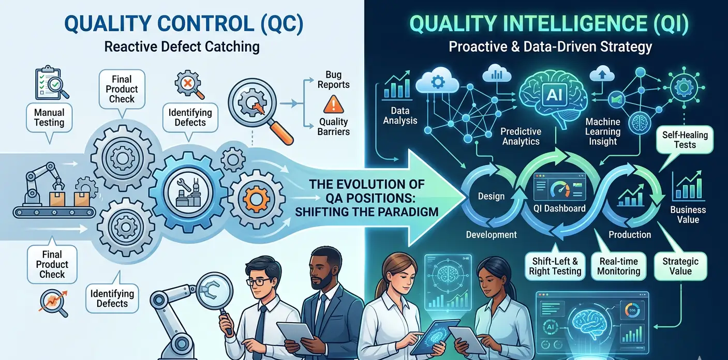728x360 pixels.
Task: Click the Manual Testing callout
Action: click(49, 118)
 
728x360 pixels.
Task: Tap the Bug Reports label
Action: click(333, 80)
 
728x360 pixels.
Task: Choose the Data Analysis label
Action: click(400, 116)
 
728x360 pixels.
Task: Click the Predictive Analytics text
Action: click(521, 137)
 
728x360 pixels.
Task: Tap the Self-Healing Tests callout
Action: click(685, 140)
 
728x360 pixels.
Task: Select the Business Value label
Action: click(688, 215)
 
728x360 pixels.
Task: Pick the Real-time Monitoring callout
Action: click(618, 266)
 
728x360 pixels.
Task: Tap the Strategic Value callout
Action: click(680, 266)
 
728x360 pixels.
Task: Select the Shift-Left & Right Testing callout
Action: click(555, 266)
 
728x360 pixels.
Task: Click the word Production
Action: click(629, 235)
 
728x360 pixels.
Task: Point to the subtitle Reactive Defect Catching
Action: click(182, 47)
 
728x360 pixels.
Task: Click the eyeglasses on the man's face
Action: click(259, 281)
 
